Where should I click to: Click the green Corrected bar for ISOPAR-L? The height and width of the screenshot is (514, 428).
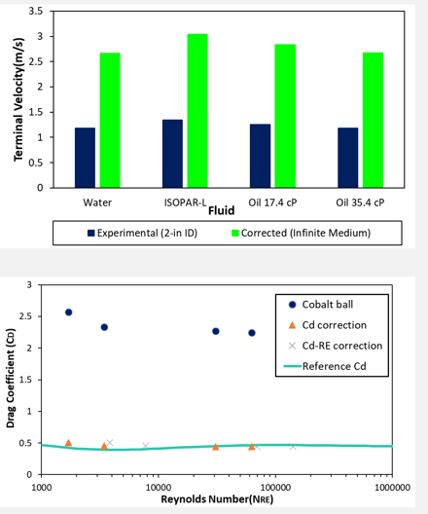[197, 111]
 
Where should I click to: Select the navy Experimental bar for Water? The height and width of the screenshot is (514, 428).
[86, 158]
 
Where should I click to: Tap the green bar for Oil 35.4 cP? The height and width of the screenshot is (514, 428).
[373, 120]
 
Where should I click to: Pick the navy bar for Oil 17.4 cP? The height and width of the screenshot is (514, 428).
[261, 156]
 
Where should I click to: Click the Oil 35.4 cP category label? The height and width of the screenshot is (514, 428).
[360, 202]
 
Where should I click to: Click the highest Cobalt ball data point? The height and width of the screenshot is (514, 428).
[68, 312]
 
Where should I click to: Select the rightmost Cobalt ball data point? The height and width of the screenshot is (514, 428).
[252, 333]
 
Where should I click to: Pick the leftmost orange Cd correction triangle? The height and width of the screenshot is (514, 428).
[68, 443]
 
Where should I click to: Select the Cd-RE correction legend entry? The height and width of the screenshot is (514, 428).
[337, 345]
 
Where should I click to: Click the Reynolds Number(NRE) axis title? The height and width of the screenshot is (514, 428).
[216, 499]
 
